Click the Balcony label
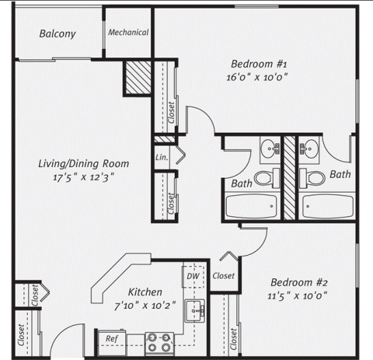pyautogui.click(x=58, y=33)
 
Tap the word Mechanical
pyautogui.click(x=128, y=33)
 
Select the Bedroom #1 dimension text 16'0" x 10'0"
pyautogui.click(x=257, y=77)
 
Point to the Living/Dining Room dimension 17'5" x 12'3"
pyautogui.click(x=83, y=178)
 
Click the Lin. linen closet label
pyautogui.click(x=162, y=157)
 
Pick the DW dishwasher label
pyautogui.click(x=193, y=276)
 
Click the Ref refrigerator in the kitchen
pyautogui.click(x=112, y=342)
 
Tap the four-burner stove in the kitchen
pyautogui.click(x=159, y=344)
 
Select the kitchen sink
pyautogui.click(x=195, y=311)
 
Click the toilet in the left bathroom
pyautogui.click(x=267, y=178)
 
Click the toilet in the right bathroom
pyautogui.click(x=312, y=178)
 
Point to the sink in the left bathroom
pyautogui.click(x=270, y=149)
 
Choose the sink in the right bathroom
pyautogui.click(x=309, y=149)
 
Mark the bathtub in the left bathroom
pyautogui.click(x=251, y=207)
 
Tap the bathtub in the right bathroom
pyautogui.click(x=328, y=207)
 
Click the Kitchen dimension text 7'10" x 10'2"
pyautogui.click(x=145, y=306)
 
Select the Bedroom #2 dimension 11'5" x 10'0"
pyautogui.click(x=298, y=295)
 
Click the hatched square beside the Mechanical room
pyautogui.click(x=138, y=77)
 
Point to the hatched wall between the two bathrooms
pyautogui.click(x=289, y=177)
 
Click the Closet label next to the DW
pyautogui.click(x=224, y=276)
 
